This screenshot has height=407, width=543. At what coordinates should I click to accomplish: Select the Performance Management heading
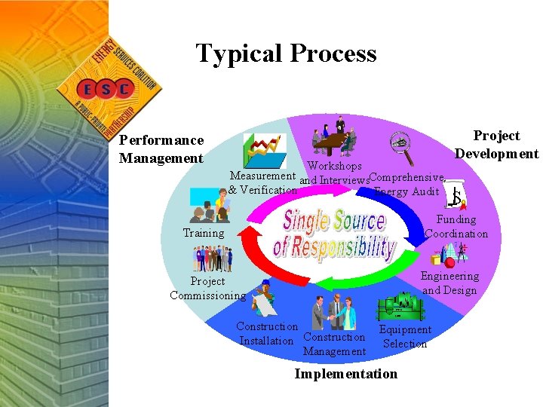pos(161,148)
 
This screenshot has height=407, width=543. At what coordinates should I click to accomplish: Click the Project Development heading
pos(496,145)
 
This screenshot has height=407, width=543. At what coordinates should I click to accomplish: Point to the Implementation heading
pos(345,374)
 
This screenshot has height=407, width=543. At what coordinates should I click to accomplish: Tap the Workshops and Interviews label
pos(334,173)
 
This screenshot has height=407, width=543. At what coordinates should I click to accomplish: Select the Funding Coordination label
pos(456,227)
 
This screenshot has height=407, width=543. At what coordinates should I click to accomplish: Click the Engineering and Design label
pos(449,283)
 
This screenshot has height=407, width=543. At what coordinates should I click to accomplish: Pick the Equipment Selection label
pos(405,337)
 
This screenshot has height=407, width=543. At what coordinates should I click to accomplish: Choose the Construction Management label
pos(334,344)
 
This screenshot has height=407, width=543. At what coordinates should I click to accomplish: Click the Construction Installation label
pos(267,334)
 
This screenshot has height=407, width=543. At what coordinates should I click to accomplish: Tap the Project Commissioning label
pos(207,289)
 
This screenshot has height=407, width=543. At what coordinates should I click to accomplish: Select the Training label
pos(204,233)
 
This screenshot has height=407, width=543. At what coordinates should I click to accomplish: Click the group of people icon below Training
pos(213,259)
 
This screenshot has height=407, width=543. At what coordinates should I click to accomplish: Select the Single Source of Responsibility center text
pos(336,234)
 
